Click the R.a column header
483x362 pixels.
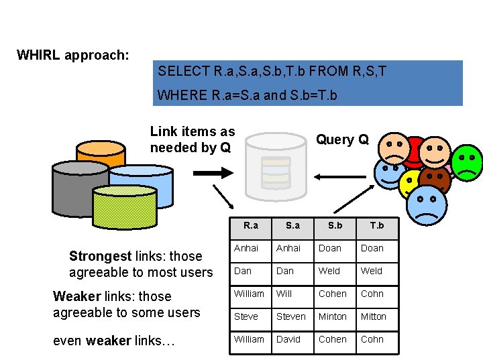click(251, 226)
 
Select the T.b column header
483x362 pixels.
click(377, 226)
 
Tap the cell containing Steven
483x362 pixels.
click(290, 316)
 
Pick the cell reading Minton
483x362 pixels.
click(333, 316)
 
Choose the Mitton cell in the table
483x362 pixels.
click(374, 316)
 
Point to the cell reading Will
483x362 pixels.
click(284, 294)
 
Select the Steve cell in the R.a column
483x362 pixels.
click(246, 316)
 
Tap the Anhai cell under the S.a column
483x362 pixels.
click(289, 248)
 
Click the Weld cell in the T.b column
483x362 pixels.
click(371, 271)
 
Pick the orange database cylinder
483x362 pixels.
click(101, 153)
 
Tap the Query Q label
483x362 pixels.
click(342, 139)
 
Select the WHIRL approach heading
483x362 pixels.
click(72, 55)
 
